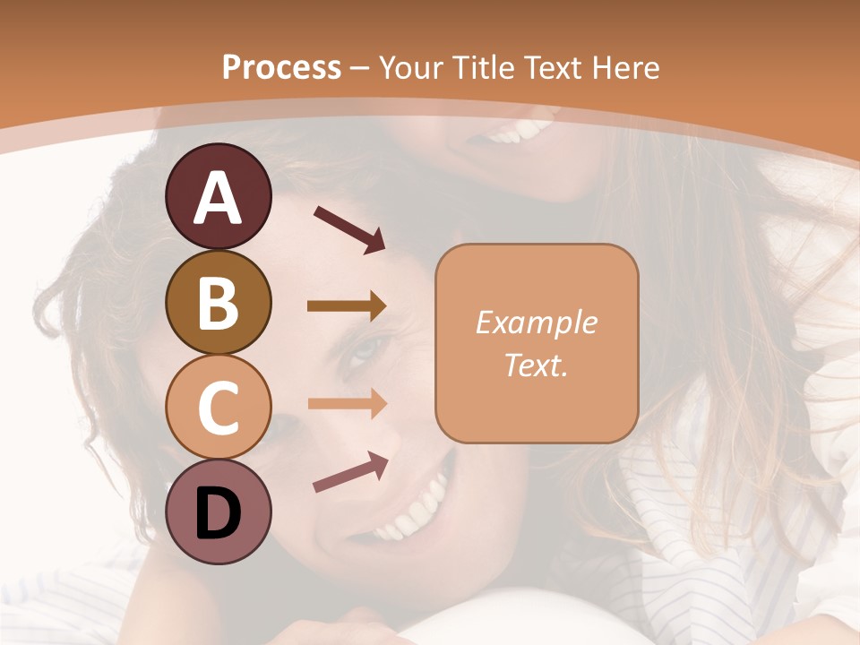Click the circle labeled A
[x=219, y=197]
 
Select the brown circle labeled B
[x=219, y=302]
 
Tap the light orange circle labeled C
[x=219, y=407]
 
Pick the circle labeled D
[x=219, y=512]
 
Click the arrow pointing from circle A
[x=348, y=228]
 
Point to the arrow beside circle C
[x=347, y=404]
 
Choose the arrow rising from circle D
[x=350, y=471]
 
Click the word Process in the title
[x=281, y=68]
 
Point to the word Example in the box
[x=536, y=322]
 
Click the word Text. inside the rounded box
[x=536, y=365]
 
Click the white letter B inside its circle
[x=219, y=303]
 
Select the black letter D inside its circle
[x=219, y=513]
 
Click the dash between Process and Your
[x=360, y=68]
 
